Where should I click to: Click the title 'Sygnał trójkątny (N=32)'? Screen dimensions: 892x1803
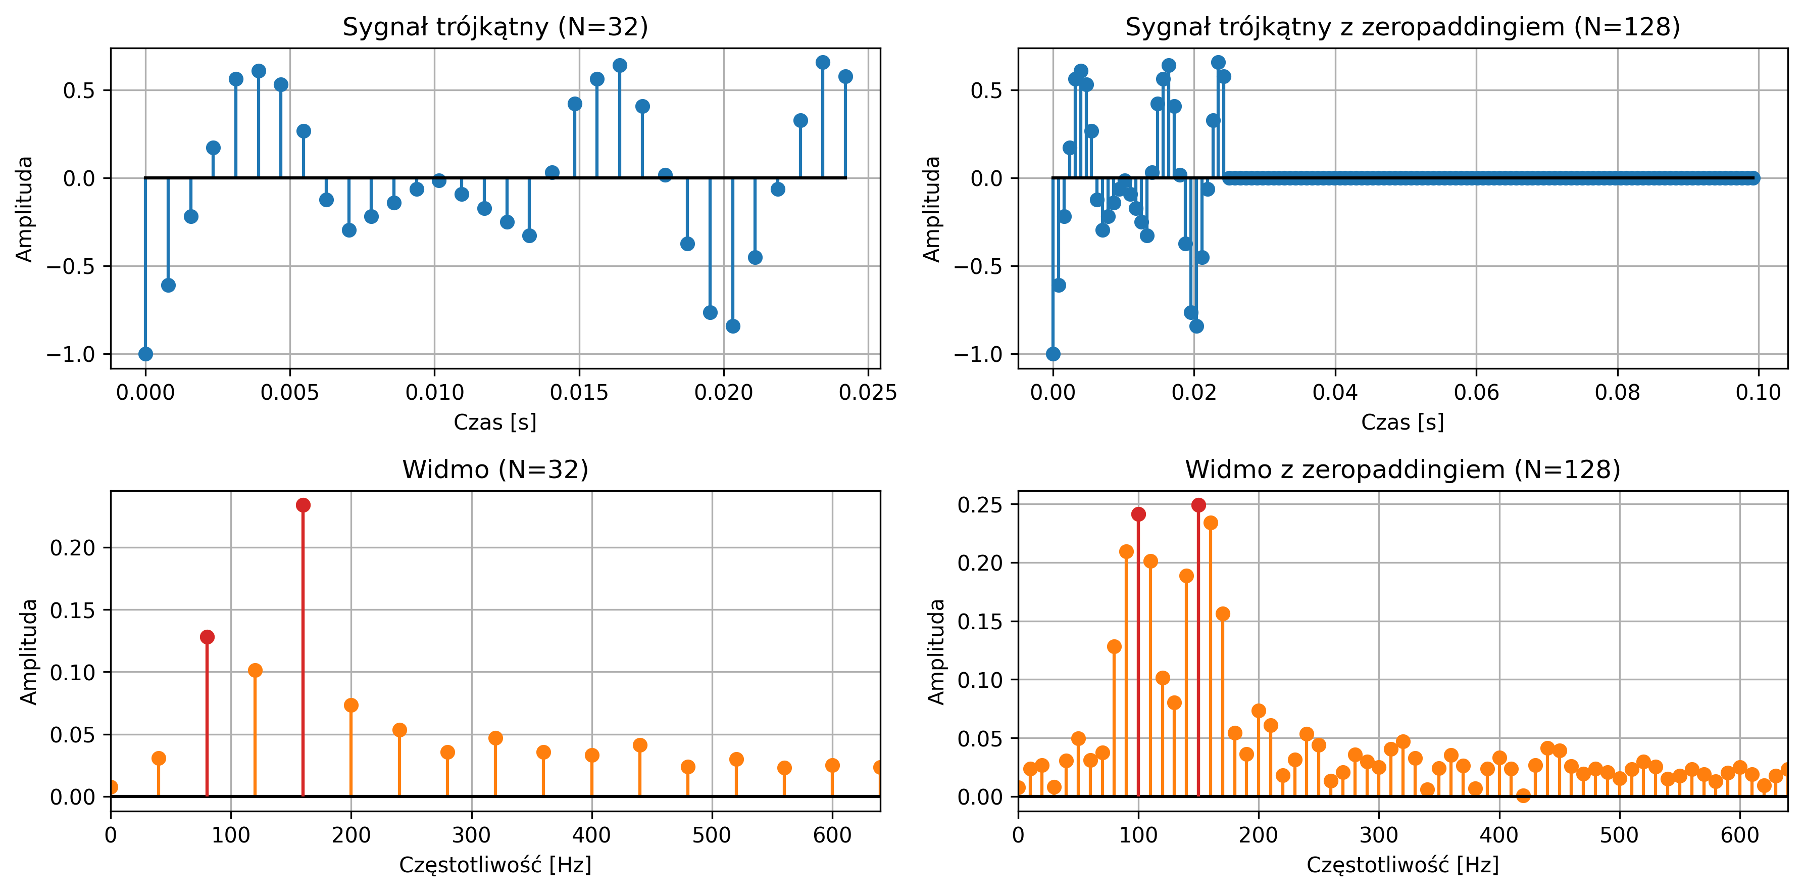pyautogui.click(x=495, y=27)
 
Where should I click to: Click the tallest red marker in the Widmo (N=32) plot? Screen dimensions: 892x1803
pyautogui.click(x=303, y=505)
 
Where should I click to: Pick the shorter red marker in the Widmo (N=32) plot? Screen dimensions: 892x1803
pyautogui.click(x=207, y=636)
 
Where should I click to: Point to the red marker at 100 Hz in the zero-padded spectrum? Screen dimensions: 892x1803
pyautogui.click(x=1138, y=514)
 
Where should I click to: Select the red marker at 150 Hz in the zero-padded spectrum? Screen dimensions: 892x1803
pyautogui.click(x=1198, y=505)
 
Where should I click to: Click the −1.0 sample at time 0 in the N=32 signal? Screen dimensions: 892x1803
pyautogui.click(x=145, y=354)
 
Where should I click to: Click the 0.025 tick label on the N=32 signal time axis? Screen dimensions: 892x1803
pyautogui.click(x=867, y=392)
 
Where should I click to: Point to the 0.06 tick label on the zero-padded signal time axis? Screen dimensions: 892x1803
pyautogui.click(x=1476, y=392)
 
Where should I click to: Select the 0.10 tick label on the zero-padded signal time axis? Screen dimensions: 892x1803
pyautogui.click(x=1758, y=392)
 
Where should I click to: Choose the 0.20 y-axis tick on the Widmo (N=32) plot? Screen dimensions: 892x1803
pyautogui.click(x=72, y=547)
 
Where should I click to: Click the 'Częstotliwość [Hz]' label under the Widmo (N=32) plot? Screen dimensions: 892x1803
pyautogui.click(x=495, y=865)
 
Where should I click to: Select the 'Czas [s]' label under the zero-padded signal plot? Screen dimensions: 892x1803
pyautogui.click(x=1402, y=422)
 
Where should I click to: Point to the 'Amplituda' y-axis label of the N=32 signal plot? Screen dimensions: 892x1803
pyautogui.click(x=25, y=209)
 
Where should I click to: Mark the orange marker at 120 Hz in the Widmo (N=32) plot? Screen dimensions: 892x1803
pyautogui.click(x=255, y=670)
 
